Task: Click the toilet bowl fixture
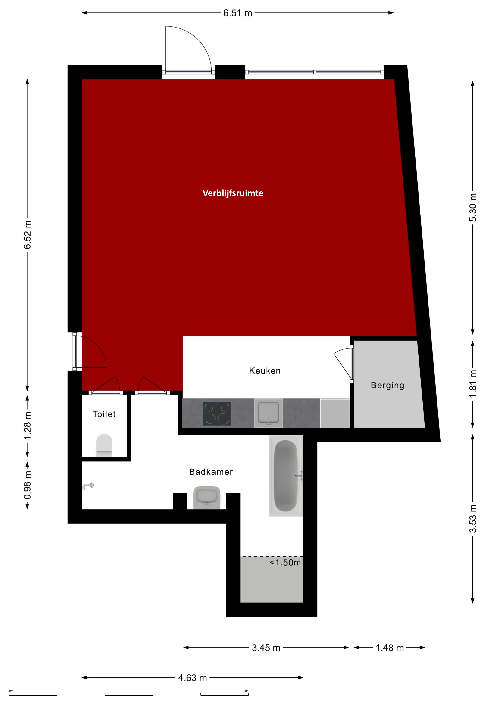click(x=104, y=445)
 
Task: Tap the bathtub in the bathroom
click(x=286, y=476)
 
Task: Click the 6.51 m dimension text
click(x=237, y=13)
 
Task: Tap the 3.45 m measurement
click(x=266, y=648)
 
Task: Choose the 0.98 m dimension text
click(x=28, y=485)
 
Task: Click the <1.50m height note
click(x=285, y=563)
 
